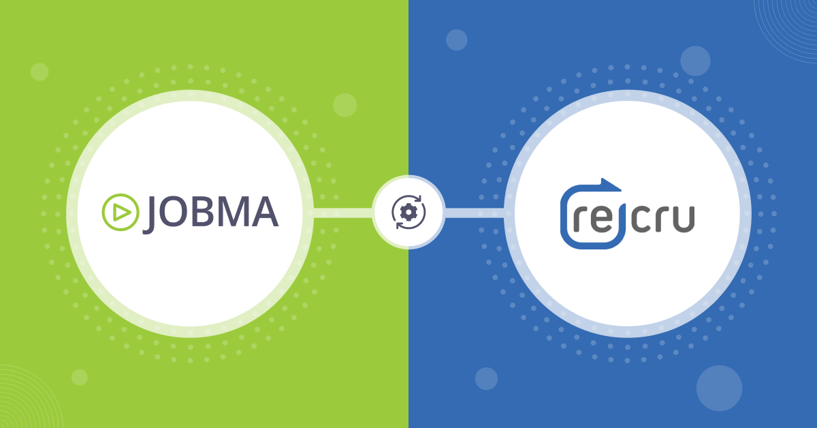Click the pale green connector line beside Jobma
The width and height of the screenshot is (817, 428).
[344, 212]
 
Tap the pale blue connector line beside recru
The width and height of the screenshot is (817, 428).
[475, 212]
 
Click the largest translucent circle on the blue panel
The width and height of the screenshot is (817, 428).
[719, 388]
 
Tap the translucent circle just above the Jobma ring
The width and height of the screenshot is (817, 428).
[345, 105]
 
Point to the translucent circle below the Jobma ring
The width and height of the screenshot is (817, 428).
[80, 377]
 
